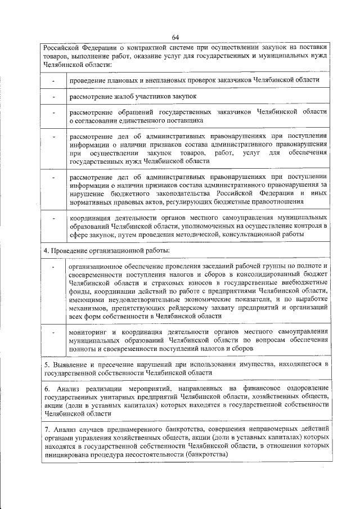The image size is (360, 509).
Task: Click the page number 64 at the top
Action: click(175, 37)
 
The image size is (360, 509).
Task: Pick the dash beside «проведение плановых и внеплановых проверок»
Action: click(54, 80)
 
